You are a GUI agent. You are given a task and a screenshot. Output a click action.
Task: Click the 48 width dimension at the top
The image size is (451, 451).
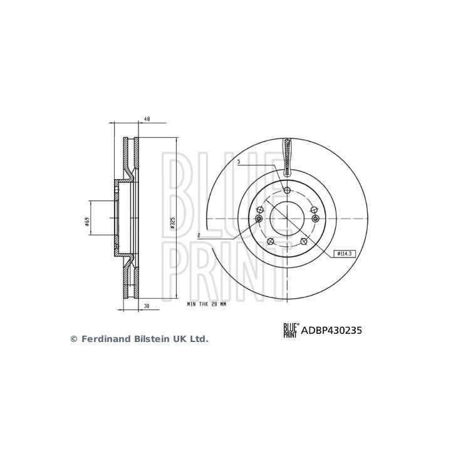(147, 118)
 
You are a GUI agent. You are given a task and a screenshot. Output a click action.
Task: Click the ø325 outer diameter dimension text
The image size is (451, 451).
(172, 222)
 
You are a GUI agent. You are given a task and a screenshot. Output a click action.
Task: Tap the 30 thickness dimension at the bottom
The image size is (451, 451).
(147, 306)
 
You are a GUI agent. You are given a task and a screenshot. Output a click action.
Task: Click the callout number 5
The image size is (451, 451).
(239, 162)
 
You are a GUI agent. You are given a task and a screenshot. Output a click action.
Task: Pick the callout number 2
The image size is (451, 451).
(198, 236)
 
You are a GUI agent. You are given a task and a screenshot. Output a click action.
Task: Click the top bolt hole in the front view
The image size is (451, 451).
(287, 190)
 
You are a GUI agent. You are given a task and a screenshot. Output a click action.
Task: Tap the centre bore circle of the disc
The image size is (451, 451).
(287, 218)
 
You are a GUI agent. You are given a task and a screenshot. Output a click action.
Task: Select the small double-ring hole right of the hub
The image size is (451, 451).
(316, 218)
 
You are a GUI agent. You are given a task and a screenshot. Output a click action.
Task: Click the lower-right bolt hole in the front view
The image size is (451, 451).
(304, 242)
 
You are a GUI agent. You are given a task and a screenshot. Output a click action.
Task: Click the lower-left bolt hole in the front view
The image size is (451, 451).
(270, 242)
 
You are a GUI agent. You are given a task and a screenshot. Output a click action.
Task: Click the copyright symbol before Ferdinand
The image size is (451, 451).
(73, 339)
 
